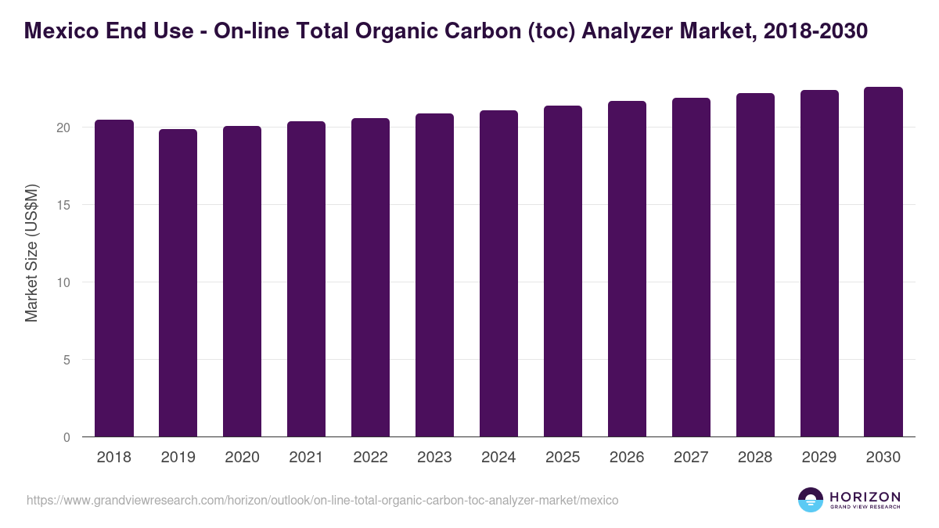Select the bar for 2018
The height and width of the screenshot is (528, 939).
click(114, 278)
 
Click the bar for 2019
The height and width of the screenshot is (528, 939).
click(178, 283)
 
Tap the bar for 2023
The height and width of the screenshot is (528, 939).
click(434, 275)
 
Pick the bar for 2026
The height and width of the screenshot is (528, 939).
click(627, 269)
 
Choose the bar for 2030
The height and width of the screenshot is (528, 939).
click(883, 262)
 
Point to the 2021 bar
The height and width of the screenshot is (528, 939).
click(306, 279)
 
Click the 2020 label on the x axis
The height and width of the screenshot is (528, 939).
click(242, 458)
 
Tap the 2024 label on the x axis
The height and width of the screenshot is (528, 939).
click(498, 458)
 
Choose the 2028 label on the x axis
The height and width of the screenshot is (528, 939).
click(755, 458)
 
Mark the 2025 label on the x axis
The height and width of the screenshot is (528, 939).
click(563, 458)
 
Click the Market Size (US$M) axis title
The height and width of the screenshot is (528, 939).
click(31, 253)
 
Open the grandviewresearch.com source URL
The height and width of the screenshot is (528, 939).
click(322, 500)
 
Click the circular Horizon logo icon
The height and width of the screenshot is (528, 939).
click(811, 500)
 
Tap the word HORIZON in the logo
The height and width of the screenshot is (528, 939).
click(865, 496)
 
